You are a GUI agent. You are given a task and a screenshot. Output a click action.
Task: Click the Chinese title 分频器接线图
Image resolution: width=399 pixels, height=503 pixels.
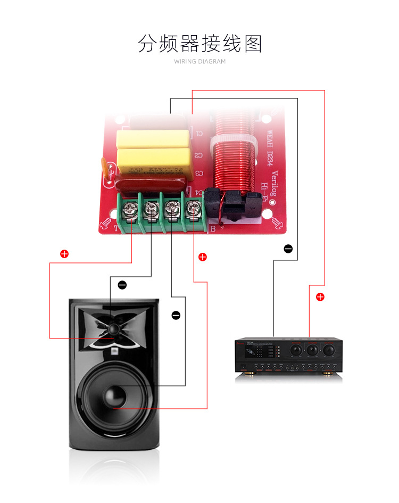tap(199, 44)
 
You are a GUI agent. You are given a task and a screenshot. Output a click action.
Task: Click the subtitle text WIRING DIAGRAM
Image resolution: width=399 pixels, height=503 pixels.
tap(199, 62)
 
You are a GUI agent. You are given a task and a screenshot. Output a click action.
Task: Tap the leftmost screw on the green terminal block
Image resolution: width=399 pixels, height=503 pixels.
tap(130, 208)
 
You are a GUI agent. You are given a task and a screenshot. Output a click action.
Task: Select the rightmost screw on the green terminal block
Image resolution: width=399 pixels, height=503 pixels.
tap(192, 208)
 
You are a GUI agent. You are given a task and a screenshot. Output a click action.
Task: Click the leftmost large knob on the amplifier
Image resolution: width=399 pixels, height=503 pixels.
tap(295, 351)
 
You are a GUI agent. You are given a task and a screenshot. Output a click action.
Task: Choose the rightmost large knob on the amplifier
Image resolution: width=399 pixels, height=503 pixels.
tap(329, 351)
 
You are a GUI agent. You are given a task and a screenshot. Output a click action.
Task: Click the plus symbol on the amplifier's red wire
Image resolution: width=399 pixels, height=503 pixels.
tap(320, 297)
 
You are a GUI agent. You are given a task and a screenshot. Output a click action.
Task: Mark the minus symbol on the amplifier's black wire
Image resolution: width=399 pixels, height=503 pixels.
tap(288, 249)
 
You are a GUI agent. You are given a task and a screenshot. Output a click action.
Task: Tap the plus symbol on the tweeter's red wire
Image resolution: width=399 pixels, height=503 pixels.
tap(64, 254)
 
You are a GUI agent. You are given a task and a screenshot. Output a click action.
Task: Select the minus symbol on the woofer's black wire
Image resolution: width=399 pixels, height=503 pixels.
tap(176, 316)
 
